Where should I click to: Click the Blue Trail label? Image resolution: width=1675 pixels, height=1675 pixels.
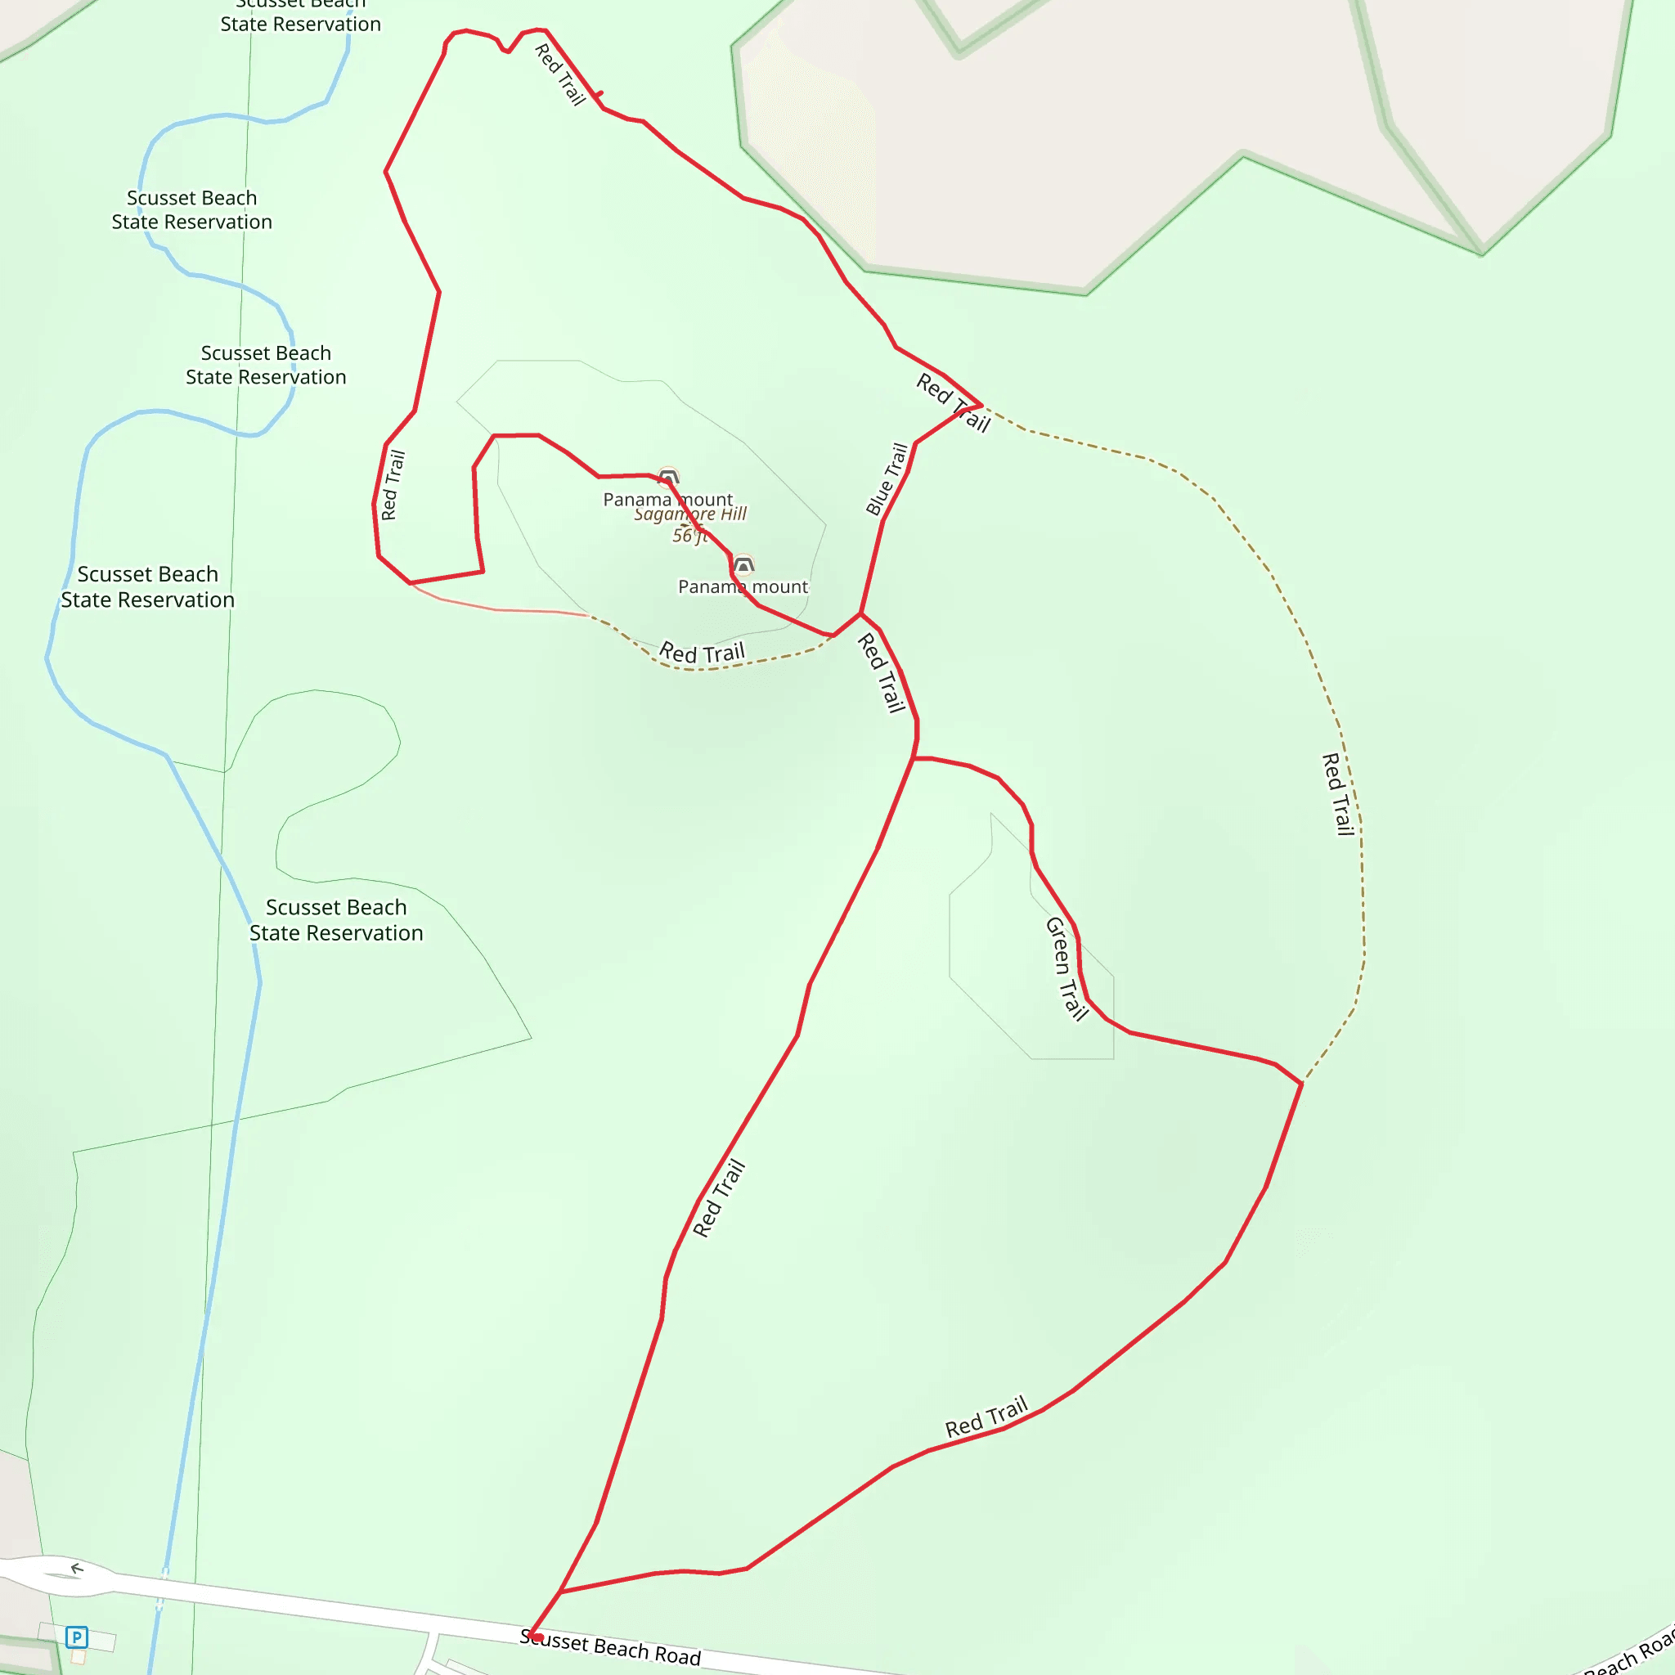pos(887,479)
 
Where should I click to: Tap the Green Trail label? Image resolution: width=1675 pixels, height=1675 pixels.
pos(1067,968)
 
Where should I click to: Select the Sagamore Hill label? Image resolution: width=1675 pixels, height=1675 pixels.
pos(690,514)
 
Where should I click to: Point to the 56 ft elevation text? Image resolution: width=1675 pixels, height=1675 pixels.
pos(689,536)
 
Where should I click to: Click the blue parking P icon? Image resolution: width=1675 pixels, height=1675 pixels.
pos(76,1637)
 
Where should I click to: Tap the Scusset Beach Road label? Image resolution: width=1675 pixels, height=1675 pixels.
pos(610,1647)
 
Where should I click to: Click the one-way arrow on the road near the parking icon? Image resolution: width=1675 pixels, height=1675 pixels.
pos(77,1569)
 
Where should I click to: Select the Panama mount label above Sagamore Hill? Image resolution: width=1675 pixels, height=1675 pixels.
pos(667,500)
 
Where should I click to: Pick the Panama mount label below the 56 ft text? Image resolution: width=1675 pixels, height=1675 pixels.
pos(743,587)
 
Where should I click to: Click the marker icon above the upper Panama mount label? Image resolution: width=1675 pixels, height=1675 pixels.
pos(668,476)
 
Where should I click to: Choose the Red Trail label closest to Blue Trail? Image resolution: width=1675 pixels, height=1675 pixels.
pos(953,402)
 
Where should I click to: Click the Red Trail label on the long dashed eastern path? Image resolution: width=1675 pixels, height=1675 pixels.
pos(1338,794)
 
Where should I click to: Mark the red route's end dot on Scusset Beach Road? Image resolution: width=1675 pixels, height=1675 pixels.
pos(537,1637)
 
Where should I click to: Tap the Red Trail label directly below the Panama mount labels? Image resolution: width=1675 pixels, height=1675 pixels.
pos(703,653)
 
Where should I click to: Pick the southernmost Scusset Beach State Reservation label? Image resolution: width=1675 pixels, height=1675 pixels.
pos(336,920)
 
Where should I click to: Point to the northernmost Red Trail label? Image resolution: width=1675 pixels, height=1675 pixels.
pos(560,74)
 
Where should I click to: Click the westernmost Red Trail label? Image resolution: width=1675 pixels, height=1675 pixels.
pos(393,485)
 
